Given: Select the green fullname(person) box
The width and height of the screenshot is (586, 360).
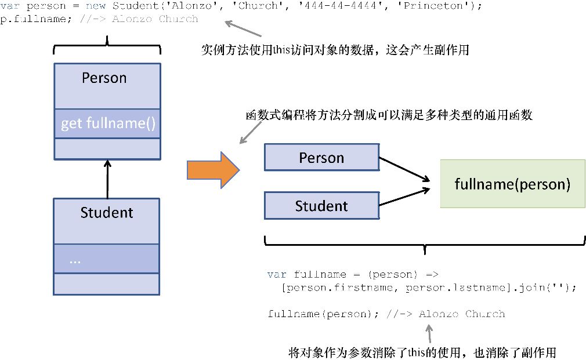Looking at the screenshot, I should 512,184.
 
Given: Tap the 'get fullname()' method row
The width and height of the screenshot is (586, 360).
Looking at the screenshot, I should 107,123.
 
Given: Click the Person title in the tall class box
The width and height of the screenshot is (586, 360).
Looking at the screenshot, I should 104,78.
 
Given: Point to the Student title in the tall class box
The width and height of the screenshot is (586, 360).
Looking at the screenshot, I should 107,213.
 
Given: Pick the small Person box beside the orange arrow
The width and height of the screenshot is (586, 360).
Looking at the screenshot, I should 321,158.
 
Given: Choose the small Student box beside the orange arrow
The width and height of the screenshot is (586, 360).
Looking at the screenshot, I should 321,206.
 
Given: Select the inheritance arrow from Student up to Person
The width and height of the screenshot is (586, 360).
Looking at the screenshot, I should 107,179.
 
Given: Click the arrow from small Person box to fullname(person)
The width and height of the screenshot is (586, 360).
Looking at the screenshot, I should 404,169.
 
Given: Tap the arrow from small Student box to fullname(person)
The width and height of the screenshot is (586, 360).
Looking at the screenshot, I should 404,197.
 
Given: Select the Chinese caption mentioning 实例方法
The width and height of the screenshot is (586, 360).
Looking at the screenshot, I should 335,50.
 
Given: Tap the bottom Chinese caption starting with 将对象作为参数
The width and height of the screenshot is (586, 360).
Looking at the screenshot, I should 422,352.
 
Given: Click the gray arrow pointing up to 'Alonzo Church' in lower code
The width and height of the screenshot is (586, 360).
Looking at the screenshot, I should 429,333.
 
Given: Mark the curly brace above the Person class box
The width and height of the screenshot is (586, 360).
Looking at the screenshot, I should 107,46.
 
